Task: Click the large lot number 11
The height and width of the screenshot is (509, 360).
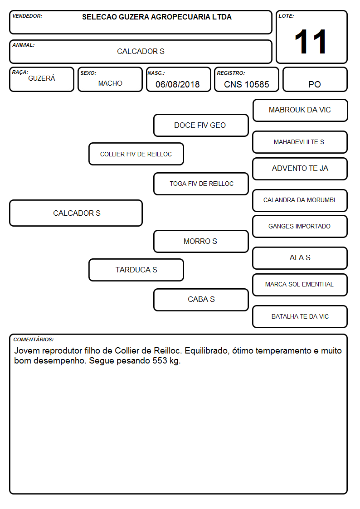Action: pyautogui.click(x=310, y=42)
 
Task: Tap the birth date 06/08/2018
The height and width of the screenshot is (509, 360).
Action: pyautogui.click(x=178, y=84)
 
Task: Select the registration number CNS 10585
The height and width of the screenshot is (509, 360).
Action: pyautogui.click(x=246, y=84)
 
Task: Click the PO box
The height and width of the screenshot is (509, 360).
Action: pyautogui.click(x=315, y=79)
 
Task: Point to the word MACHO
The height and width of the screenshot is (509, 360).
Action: pyautogui.click(x=110, y=83)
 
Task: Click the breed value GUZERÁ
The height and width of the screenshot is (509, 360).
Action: pyautogui.click(x=42, y=78)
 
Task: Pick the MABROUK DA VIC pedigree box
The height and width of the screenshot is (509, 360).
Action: pyautogui.click(x=300, y=111)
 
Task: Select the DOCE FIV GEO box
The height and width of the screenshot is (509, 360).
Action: pyautogui.click(x=201, y=125)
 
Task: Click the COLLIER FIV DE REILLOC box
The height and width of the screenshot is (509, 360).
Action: pyautogui.click(x=136, y=154)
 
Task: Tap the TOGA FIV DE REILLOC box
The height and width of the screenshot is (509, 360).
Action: pyautogui.click(x=201, y=184)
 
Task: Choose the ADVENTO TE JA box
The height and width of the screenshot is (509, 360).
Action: pyautogui.click(x=300, y=169)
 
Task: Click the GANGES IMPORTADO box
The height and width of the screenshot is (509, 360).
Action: pyautogui.click(x=300, y=227)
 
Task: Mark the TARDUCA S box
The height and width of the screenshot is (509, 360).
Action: pyautogui.click(x=136, y=270)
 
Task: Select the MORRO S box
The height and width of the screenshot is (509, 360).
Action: pyautogui.click(x=201, y=242)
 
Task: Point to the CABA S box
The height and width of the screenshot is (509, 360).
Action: pyautogui.click(x=201, y=300)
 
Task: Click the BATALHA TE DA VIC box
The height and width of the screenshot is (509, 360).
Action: pyautogui.click(x=300, y=316)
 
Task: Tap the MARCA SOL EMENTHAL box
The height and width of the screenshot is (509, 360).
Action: pyautogui.click(x=300, y=285)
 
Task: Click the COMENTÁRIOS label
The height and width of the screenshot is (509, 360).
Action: pyautogui.click(x=34, y=339)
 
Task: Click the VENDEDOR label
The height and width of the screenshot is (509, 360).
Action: pyautogui.click(x=27, y=16)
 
